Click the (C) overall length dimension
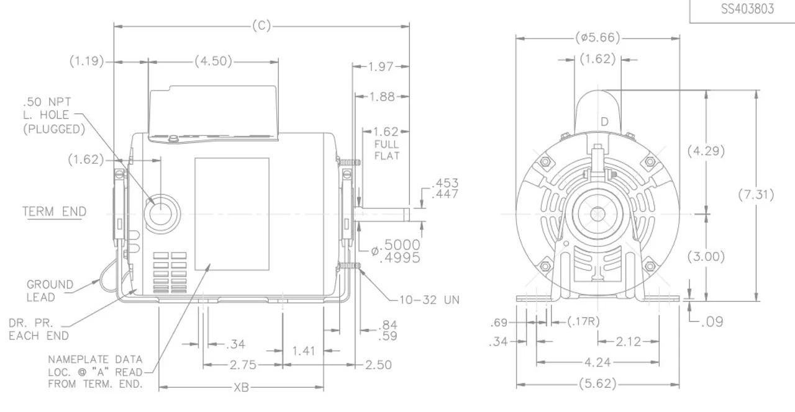[x=261, y=26]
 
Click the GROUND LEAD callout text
[x=49, y=290]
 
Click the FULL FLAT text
[x=387, y=150]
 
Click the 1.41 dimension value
[x=303, y=351]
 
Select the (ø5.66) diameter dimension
[x=597, y=38]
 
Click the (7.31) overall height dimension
[x=756, y=194]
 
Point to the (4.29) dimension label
[x=706, y=151]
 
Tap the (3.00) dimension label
[x=706, y=257]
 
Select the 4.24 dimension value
[x=597, y=362]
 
